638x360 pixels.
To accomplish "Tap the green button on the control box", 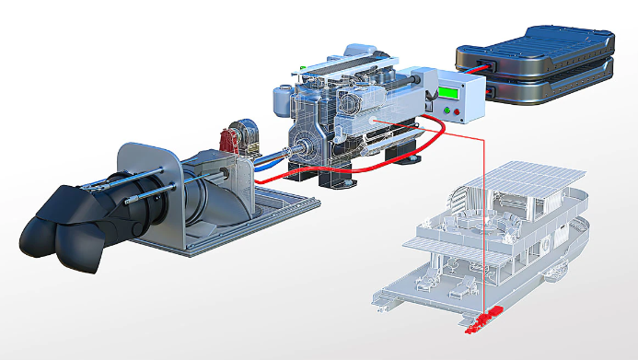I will tap(449, 111).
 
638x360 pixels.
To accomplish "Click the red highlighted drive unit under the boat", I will tap(484, 319).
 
